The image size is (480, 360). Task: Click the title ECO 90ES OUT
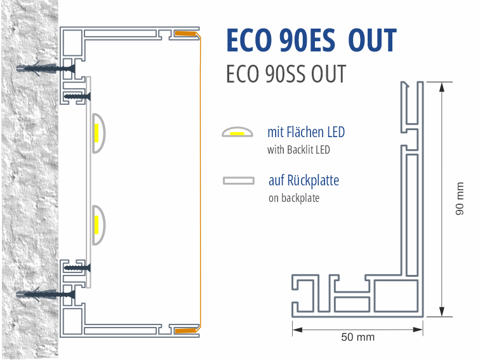click(x=311, y=41)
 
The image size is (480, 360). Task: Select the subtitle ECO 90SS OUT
click(x=286, y=74)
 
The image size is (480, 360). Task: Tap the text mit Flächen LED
click(x=306, y=133)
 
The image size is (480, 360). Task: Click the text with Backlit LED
click(x=298, y=150)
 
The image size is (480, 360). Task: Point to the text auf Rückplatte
click(x=303, y=180)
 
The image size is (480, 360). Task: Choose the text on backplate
click(x=293, y=198)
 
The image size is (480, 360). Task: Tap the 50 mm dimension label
click(x=357, y=337)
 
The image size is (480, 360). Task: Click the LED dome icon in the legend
click(x=237, y=133)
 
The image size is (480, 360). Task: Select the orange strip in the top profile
click(x=185, y=33)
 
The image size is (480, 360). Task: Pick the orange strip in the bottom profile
click(x=185, y=330)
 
